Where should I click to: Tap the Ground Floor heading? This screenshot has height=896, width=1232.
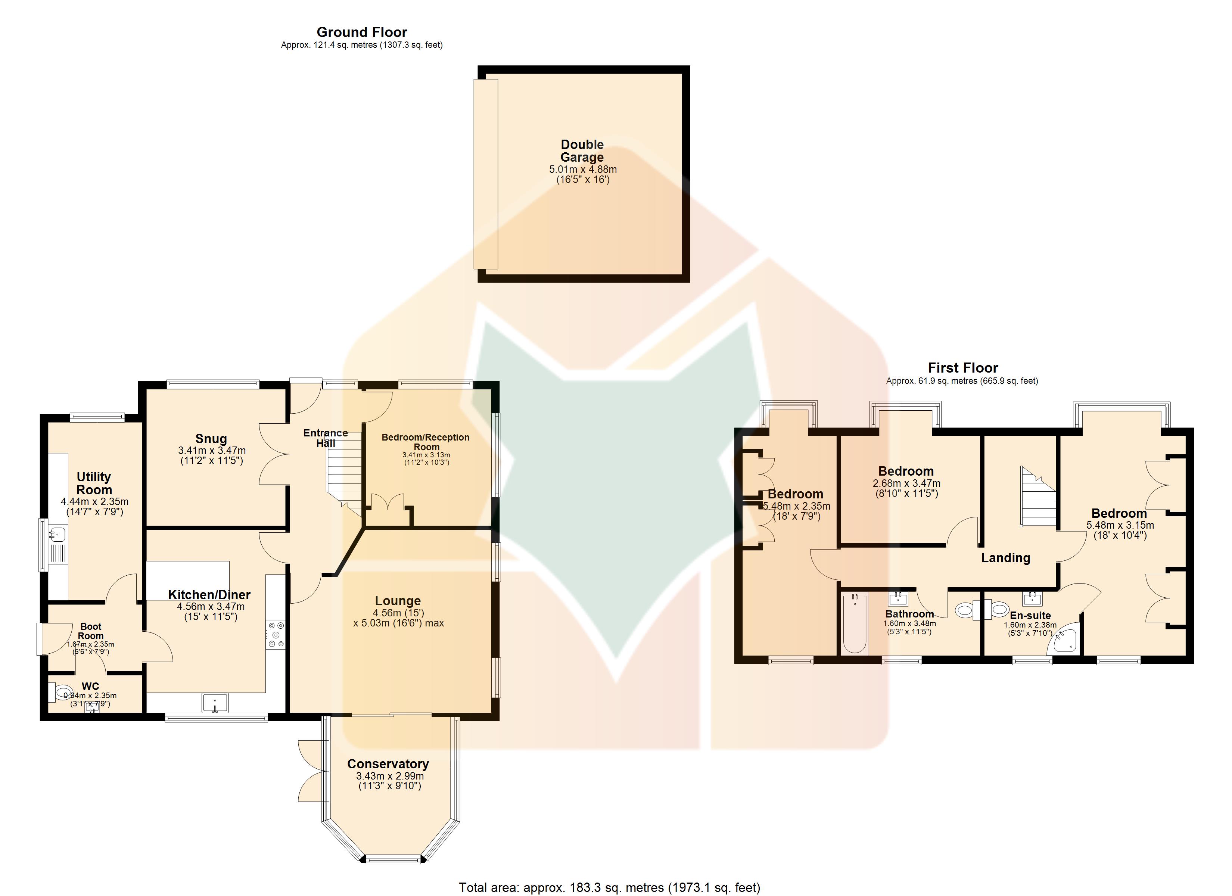click(362, 32)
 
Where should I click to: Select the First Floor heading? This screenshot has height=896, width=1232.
click(962, 368)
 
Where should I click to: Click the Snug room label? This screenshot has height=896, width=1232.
click(211, 439)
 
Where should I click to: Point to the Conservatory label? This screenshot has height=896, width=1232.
click(388, 764)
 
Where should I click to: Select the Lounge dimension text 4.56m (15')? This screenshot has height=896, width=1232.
click(398, 613)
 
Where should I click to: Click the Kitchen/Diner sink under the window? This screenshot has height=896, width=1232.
click(215, 703)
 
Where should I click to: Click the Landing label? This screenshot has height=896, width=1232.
click(1005, 558)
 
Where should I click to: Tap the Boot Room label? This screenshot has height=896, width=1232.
click(91, 631)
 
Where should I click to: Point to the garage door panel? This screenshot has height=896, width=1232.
click(486, 174)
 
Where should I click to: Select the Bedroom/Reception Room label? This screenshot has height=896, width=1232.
click(426, 442)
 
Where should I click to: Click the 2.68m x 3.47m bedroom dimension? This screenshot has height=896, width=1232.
click(906, 483)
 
